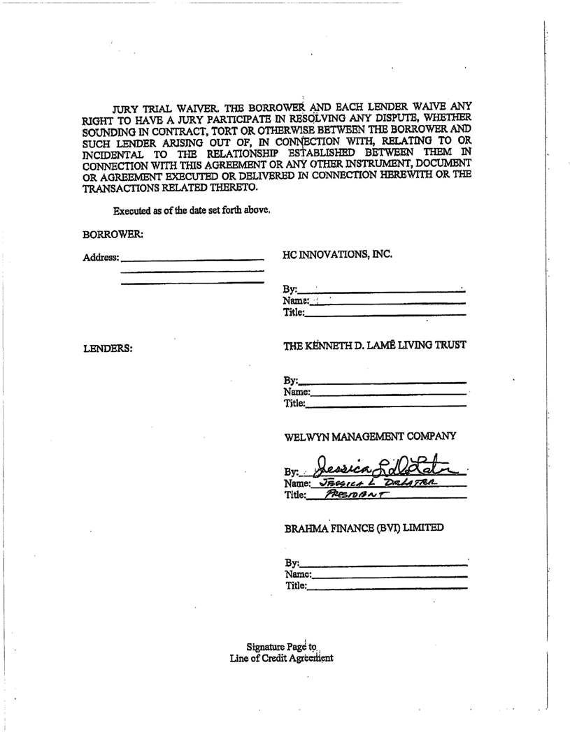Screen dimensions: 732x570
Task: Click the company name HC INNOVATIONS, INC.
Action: coord(337,255)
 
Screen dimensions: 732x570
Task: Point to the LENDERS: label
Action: coord(108,347)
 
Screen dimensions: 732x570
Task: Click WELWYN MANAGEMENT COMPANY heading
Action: coord(371,437)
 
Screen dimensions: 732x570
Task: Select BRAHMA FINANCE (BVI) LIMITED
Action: coord(364,528)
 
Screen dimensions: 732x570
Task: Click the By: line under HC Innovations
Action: coord(381,291)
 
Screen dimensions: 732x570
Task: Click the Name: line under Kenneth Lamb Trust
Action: coord(388,395)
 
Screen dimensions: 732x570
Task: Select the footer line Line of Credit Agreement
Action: coord(281,658)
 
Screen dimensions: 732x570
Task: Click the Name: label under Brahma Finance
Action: coord(299,574)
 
